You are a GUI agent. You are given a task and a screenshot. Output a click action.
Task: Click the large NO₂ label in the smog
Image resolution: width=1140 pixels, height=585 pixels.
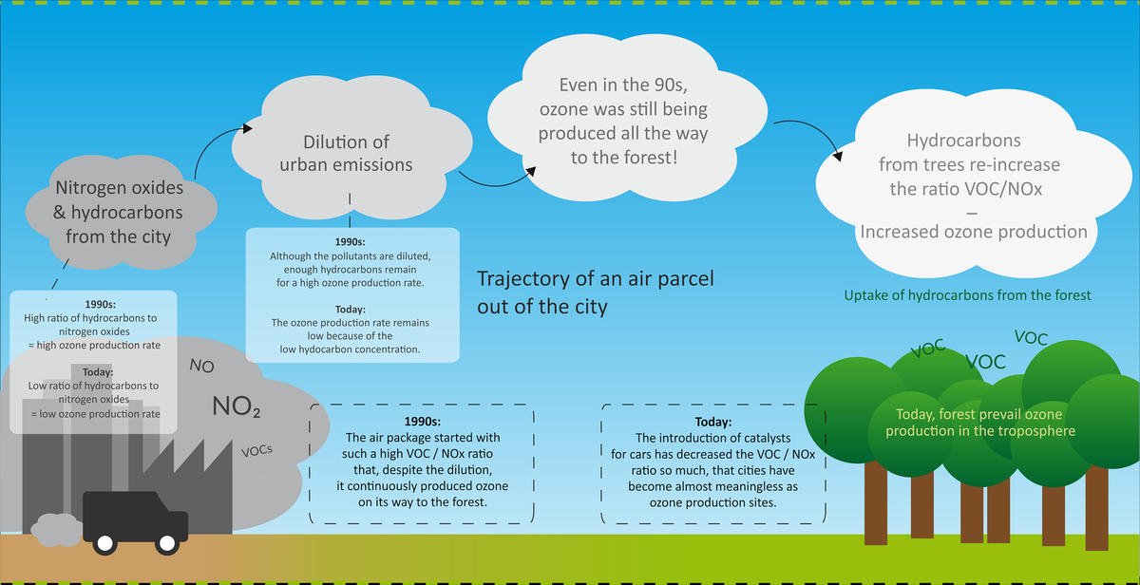coord(237,407)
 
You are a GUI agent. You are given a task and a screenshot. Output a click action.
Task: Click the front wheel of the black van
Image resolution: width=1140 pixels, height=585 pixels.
coord(168,543)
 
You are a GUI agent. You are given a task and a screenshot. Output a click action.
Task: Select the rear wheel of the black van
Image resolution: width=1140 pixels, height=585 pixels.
coord(103,543)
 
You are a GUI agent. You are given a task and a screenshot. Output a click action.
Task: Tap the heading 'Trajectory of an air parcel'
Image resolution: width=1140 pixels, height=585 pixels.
coord(595,280)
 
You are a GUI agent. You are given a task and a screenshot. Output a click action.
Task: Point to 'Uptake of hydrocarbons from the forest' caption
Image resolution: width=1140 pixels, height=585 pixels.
coord(968,295)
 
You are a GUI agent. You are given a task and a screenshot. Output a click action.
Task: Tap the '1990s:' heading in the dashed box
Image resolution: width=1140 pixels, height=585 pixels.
coord(423,422)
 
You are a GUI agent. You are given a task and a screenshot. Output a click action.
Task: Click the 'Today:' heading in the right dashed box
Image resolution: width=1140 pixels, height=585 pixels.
coord(713,422)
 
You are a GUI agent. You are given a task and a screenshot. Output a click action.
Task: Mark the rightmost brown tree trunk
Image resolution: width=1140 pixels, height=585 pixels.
coord(1097,494)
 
